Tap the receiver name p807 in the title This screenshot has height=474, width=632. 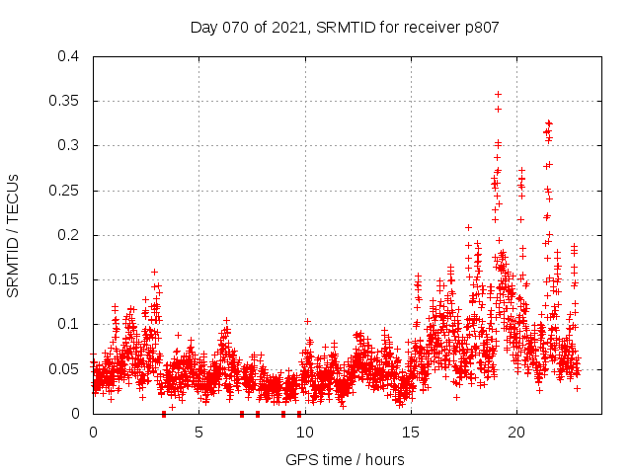click(480, 27)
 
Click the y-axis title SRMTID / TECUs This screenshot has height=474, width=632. click(13, 235)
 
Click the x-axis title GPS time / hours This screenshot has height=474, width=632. click(345, 459)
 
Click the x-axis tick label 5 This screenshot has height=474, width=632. click(198, 433)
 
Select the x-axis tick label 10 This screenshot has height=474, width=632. click(304, 433)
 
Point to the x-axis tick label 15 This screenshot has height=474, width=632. click(410, 433)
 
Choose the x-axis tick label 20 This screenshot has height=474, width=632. click(515, 433)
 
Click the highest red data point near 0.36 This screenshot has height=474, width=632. click(499, 94)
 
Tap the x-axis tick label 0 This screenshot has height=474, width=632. click(93, 433)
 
